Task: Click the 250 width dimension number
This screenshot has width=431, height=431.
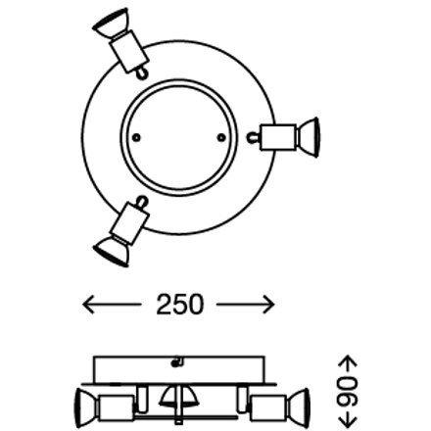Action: pyautogui.click(x=179, y=305)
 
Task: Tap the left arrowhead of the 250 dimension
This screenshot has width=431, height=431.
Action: pyautogui.click(x=88, y=305)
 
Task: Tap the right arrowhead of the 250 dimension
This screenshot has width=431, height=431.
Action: pyautogui.click(x=267, y=305)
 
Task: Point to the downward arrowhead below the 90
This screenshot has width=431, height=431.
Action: pyautogui.click(x=348, y=420)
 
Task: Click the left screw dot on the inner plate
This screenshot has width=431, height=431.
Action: pyautogui.click(x=137, y=137)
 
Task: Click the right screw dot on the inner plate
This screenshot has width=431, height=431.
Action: pyautogui.click(x=221, y=137)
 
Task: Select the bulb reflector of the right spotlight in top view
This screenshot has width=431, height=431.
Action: pyautogui.click(x=309, y=137)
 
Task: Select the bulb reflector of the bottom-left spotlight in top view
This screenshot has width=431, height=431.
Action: pyautogui.click(x=111, y=248)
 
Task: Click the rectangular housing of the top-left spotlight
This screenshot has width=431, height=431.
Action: pyautogui.click(x=129, y=51)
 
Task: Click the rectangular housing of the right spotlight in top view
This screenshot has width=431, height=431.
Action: pyautogui.click(x=277, y=137)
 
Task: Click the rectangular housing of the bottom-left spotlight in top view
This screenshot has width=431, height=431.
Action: pyautogui.click(x=130, y=222)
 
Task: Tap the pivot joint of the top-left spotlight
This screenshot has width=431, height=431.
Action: pyautogui.click(x=141, y=73)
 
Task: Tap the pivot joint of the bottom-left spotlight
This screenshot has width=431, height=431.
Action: pyautogui.click(x=141, y=202)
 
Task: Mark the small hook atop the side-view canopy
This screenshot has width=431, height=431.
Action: pyautogui.click(x=177, y=361)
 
